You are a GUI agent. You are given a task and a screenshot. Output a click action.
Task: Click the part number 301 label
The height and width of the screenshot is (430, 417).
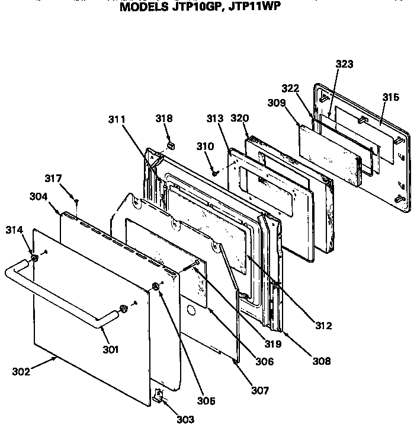tap(110, 350)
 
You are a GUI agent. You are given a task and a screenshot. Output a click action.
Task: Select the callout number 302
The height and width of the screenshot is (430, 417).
tap(20, 372)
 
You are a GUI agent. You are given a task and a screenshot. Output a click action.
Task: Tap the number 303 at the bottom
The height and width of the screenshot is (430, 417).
tap(185, 419)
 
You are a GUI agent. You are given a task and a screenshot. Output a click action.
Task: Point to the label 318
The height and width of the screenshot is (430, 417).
tap(165, 119)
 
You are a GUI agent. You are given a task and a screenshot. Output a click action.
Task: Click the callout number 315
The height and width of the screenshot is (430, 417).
tap(390, 97)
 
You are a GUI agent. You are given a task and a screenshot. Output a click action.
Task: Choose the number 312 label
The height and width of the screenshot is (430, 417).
tap(323, 325)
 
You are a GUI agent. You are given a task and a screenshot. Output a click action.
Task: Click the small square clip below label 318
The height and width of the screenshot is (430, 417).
tap(170, 143)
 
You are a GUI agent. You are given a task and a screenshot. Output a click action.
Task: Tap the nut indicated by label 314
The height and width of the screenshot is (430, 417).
tap(34, 258)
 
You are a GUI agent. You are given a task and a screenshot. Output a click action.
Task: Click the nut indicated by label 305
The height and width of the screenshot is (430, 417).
tap(155, 287)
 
